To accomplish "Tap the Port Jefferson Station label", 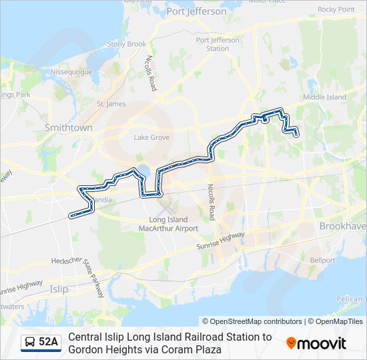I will tap(218, 44).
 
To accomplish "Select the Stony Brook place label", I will tap(126, 44).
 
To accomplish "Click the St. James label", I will tap(111, 104).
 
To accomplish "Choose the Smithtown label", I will tap(68, 127).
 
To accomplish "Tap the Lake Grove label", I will tap(151, 137).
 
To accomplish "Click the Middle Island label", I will tap(324, 97).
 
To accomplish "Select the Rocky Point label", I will tap(336, 9).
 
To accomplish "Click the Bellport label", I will tap(322, 260).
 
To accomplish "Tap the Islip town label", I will tap(59, 289).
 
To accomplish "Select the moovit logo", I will tap(316, 343).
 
